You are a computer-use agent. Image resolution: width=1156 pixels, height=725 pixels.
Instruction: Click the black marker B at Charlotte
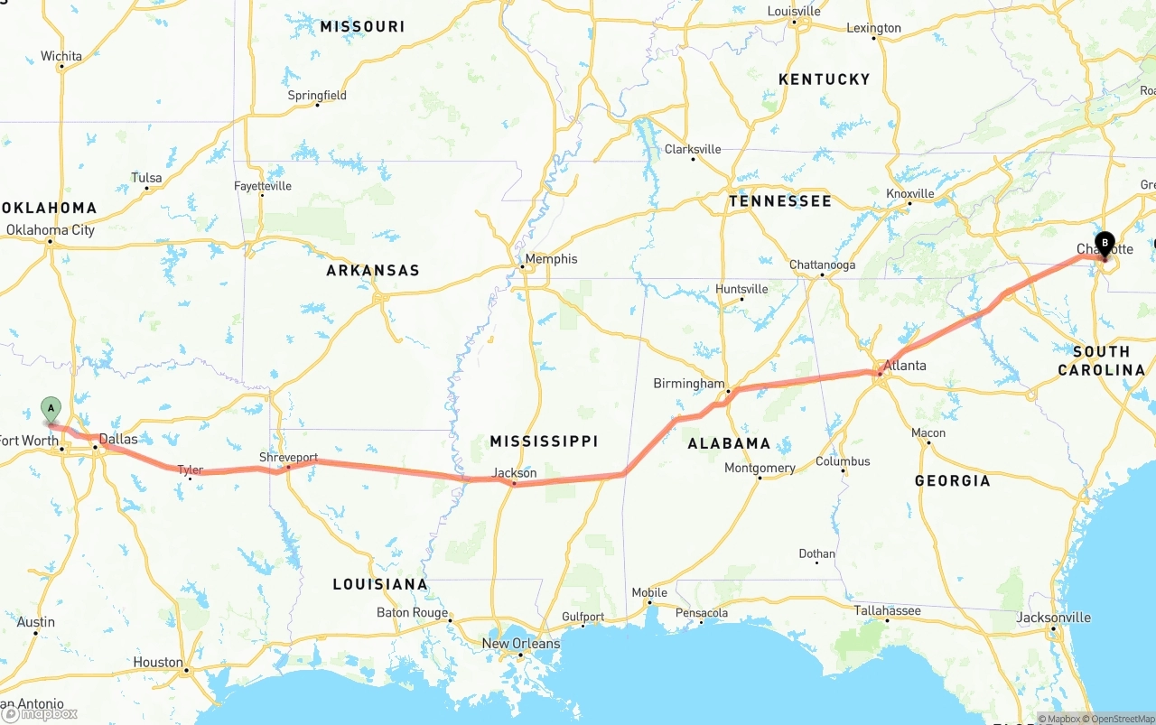tap(1105, 243)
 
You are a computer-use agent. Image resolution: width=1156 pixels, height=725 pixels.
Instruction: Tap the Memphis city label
tap(551, 259)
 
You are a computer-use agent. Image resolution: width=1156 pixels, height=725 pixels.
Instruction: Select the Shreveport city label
tap(288, 458)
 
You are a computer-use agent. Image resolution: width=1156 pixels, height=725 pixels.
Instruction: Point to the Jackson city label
tap(514, 473)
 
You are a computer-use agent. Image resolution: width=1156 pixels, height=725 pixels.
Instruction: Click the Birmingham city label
tap(689, 384)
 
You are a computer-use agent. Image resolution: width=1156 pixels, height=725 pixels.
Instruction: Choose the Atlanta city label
tap(904, 366)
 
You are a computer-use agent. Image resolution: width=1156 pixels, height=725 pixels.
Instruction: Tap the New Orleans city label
tap(520, 644)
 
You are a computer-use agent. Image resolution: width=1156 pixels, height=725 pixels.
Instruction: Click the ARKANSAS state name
tap(373, 271)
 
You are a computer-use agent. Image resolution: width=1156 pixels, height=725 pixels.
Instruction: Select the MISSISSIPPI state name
tap(544, 442)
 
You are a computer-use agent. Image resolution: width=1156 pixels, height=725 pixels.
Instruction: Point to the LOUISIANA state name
tap(380, 585)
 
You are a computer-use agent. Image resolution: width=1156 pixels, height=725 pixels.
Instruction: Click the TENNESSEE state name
tap(779, 201)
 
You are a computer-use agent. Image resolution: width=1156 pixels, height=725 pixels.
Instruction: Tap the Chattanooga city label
tap(822, 265)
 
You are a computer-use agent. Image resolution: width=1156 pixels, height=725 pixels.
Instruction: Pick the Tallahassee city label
tap(888, 611)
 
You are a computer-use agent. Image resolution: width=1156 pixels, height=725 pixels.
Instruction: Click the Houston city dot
tap(186, 670)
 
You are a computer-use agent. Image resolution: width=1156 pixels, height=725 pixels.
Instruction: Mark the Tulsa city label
tap(146, 178)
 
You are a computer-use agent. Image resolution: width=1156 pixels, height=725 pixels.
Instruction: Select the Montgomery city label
tap(760, 468)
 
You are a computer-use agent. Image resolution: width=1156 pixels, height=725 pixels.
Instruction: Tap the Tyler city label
tap(190, 469)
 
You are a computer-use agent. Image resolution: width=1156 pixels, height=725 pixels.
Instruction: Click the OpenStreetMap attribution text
tap(1122, 719)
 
